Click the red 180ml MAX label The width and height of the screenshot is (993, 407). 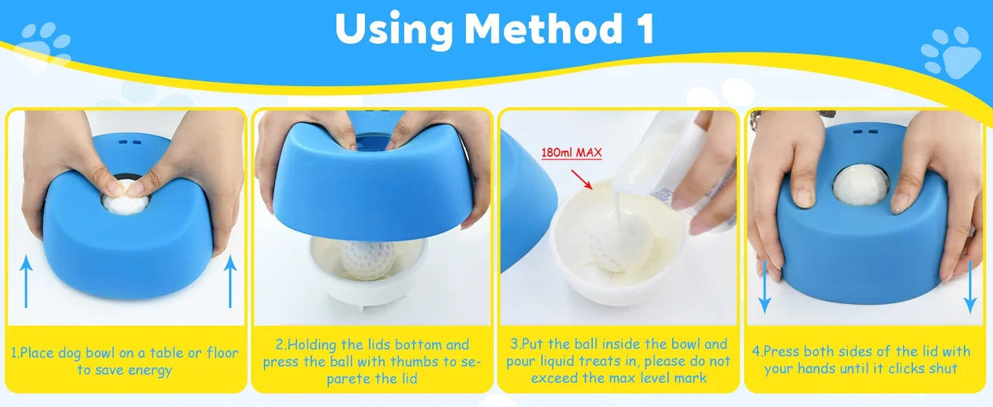pyautogui.click(x=572, y=152)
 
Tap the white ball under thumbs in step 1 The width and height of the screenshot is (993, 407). pyautogui.click(x=125, y=201)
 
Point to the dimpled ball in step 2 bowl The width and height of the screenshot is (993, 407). pyautogui.click(x=368, y=258)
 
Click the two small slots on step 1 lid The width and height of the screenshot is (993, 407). pyautogui.click(x=129, y=142)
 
